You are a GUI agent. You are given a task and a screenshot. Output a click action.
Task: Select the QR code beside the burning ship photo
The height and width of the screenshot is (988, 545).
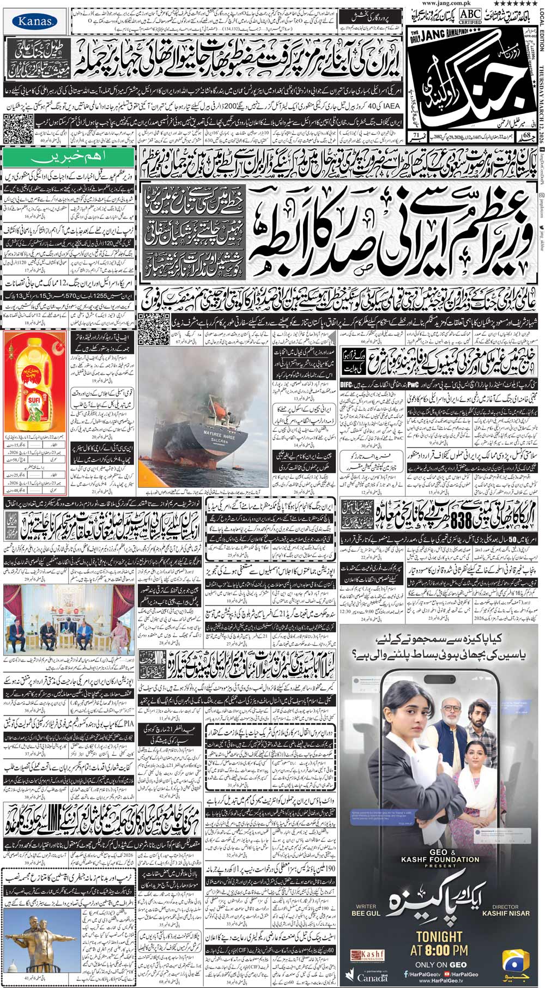[148, 324]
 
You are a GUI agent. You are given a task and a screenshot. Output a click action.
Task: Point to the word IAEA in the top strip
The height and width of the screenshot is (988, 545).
[391, 105]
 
